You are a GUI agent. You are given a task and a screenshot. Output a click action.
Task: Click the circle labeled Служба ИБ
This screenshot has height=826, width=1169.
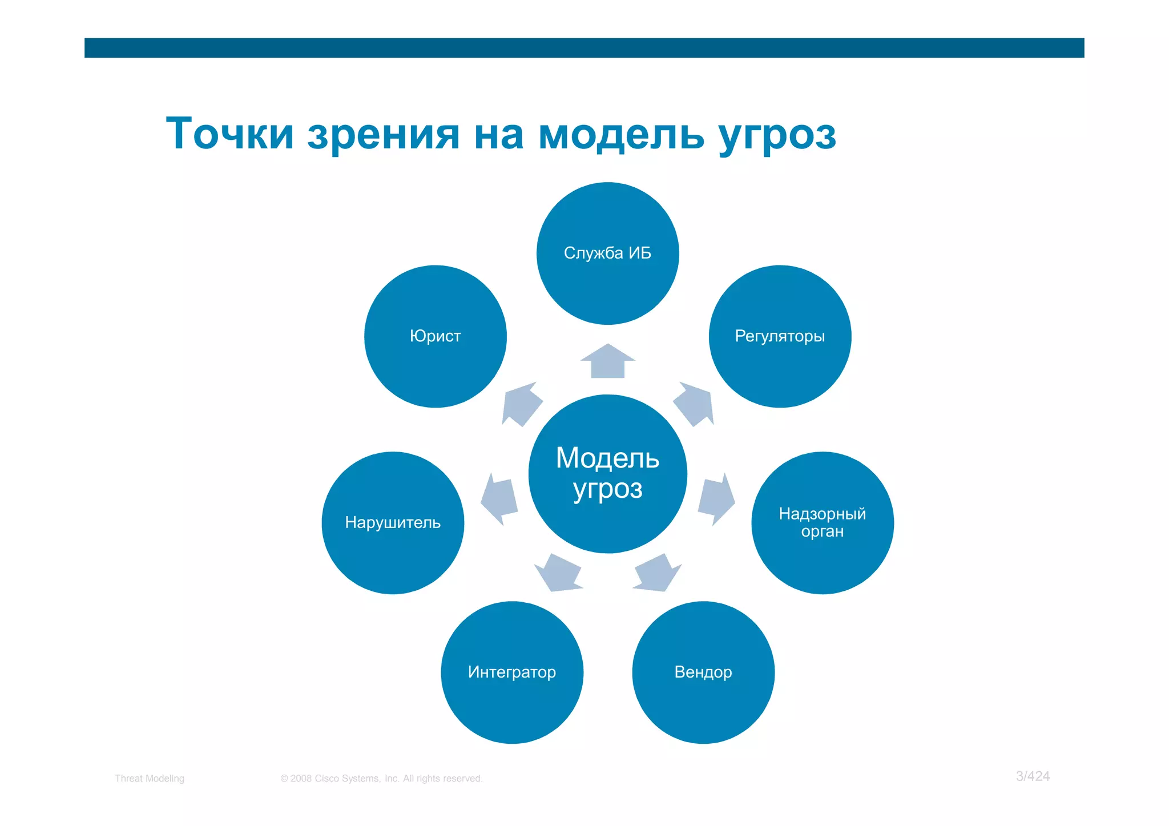(607, 253)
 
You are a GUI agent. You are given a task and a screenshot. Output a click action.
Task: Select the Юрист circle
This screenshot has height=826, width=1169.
(435, 336)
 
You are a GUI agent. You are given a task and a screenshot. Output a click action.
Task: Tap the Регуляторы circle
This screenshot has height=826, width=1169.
(780, 336)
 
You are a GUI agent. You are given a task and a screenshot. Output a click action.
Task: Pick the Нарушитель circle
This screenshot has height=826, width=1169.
(393, 523)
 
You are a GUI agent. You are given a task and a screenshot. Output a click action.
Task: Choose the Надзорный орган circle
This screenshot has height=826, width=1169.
(822, 523)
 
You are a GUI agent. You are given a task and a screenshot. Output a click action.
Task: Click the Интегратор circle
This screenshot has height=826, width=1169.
(512, 672)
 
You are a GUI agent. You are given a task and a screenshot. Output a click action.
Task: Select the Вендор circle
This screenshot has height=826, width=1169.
(703, 672)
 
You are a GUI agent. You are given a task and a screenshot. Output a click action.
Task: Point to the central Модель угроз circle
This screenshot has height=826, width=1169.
(607, 474)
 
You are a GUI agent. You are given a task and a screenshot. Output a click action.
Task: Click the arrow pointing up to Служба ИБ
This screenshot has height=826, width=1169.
(607, 362)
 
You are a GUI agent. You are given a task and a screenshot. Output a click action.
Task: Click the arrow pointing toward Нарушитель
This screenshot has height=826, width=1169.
(499, 498)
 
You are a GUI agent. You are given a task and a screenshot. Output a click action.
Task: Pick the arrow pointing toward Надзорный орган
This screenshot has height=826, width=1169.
(716, 498)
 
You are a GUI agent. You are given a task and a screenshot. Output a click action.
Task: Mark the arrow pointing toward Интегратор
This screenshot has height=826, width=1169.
(559, 573)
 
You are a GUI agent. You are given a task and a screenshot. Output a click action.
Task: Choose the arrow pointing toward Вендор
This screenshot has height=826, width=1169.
(658, 573)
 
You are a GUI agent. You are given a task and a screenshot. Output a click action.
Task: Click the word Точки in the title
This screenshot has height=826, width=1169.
(229, 134)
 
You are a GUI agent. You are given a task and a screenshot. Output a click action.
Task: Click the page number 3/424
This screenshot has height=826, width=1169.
(1033, 776)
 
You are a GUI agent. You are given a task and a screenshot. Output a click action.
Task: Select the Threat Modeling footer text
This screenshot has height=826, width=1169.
(150, 779)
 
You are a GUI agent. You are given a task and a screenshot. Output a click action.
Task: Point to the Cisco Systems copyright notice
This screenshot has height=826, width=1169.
(381, 779)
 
